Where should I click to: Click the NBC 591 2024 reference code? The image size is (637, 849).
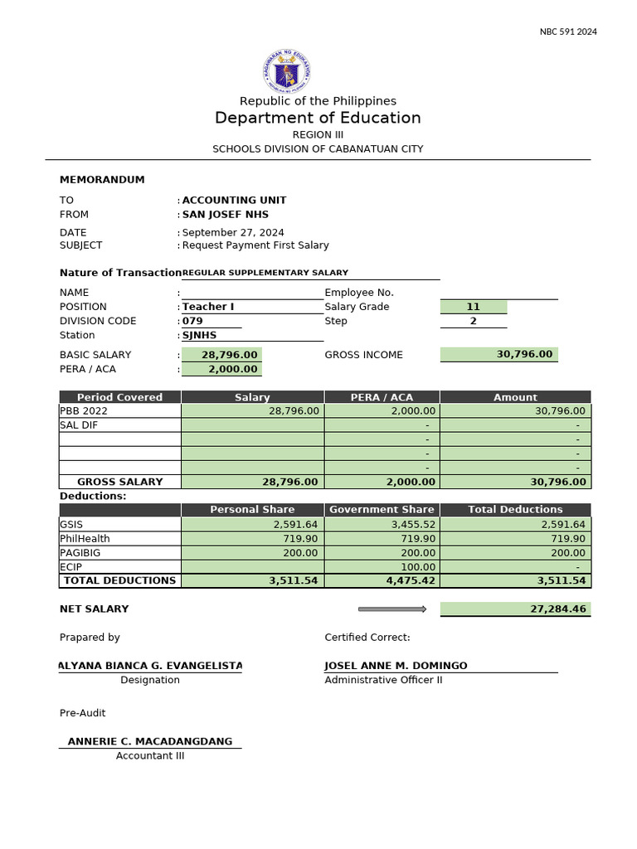pos(568,32)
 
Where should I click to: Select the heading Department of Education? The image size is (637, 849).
pos(318,118)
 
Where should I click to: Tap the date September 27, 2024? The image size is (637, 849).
pos(233,233)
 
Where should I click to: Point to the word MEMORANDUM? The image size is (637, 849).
pos(102,180)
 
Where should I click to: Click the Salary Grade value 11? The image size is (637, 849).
pos(473,307)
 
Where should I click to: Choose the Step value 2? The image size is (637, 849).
pos(473,321)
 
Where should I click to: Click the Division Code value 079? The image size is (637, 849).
pos(192,321)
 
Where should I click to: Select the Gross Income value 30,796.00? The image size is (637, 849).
pos(524,354)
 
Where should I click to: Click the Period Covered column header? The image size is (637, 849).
pos(119,397)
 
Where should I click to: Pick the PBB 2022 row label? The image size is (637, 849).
pos(84,410)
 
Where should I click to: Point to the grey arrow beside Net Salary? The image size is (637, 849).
pos(391,609)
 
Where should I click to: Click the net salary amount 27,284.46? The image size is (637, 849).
pos(557,609)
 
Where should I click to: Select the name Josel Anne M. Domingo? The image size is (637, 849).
pos(396,666)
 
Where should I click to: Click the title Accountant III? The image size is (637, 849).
pos(150,755)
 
